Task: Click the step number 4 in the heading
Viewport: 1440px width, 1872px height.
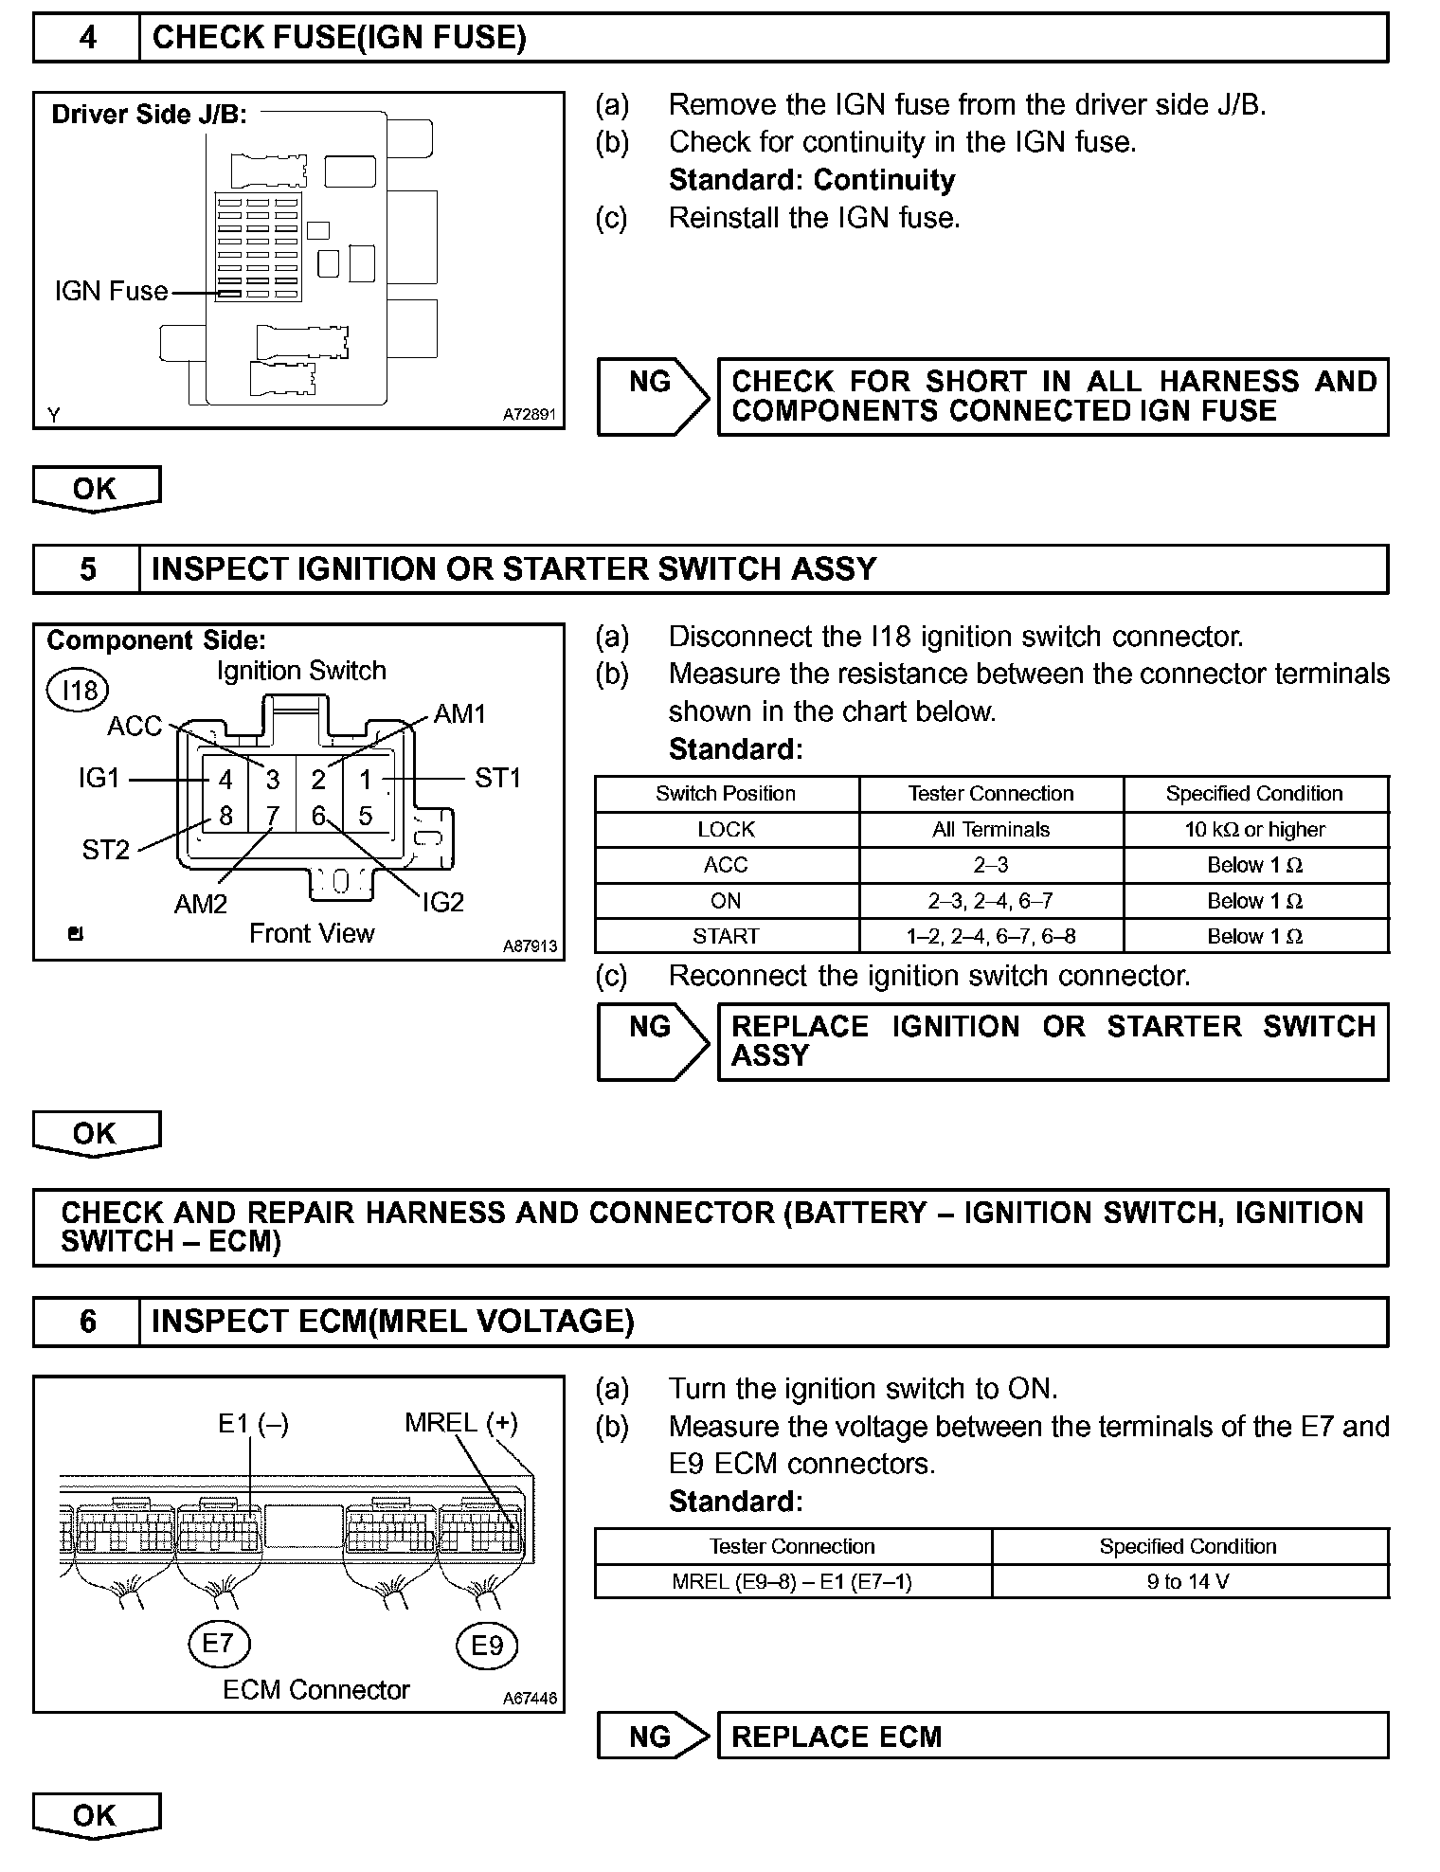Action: click(87, 38)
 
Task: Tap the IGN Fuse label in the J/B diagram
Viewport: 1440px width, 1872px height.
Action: click(111, 291)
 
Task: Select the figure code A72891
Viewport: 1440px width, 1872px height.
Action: click(529, 415)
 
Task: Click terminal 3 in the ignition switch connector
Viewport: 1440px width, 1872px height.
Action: click(273, 780)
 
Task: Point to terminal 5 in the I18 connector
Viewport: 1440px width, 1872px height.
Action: click(366, 816)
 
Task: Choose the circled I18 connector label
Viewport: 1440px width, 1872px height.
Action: click(79, 691)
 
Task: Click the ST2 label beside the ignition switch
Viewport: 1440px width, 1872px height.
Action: click(105, 850)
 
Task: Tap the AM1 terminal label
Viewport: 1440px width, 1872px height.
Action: click(459, 713)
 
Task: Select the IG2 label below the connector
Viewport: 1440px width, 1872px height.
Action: click(442, 902)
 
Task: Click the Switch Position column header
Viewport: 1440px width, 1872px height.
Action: click(726, 794)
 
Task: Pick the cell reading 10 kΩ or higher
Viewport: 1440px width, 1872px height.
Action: click(1254, 830)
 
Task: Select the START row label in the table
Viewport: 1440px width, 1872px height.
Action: click(726, 937)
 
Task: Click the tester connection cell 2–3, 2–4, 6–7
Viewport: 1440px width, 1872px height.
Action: click(990, 901)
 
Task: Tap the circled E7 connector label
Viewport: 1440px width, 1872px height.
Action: click(218, 1643)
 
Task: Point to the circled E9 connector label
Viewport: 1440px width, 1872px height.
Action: click(487, 1646)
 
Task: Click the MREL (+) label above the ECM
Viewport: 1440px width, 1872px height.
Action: click(460, 1423)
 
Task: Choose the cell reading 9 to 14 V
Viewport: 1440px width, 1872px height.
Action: click(1188, 1582)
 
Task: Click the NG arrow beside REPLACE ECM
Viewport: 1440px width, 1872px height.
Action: click(652, 1737)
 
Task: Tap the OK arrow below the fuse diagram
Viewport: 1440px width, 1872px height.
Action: click(96, 489)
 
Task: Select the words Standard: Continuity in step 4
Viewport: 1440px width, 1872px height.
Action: click(811, 180)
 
